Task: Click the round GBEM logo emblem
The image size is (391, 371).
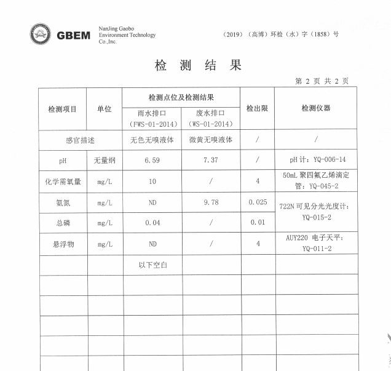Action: click(x=41, y=34)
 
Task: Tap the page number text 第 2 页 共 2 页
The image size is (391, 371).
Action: click(x=322, y=81)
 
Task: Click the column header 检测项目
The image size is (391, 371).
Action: click(x=62, y=109)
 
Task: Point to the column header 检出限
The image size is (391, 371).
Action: click(x=257, y=108)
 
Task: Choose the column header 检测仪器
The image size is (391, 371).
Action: click(x=315, y=108)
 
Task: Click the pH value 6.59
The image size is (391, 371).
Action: click(x=152, y=160)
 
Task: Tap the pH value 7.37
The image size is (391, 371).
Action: click(x=211, y=160)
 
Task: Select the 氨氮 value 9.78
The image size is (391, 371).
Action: click(x=211, y=202)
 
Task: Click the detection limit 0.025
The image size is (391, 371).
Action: click(x=258, y=202)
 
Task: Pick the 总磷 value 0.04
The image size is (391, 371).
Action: click(x=152, y=223)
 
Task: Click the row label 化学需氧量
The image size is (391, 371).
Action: click(x=62, y=182)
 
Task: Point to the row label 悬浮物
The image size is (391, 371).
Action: click(x=62, y=244)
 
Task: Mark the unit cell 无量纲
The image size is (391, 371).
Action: click(x=105, y=161)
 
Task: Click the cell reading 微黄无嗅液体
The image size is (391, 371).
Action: click(x=211, y=140)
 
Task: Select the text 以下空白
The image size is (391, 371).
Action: click(x=152, y=265)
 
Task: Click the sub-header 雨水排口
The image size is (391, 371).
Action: click(x=152, y=114)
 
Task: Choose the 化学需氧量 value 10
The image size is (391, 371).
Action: click(x=152, y=182)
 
